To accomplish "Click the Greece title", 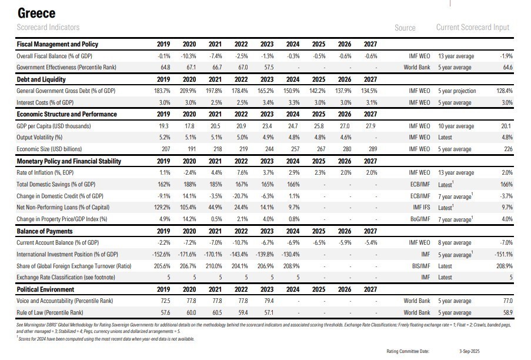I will pyautogui.click(x=36, y=13).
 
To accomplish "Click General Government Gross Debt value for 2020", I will pyautogui.click(x=189, y=91).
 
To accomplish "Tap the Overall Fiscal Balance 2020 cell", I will pyautogui.click(x=189, y=56).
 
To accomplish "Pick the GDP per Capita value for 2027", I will pyautogui.click(x=370, y=126).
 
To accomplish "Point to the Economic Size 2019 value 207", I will pyautogui.click(x=164, y=149).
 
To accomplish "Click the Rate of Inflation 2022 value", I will pyautogui.click(x=241, y=173).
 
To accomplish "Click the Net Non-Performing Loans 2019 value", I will pyautogui.click(x=162, y=208).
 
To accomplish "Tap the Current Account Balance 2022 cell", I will pyautogui.click(x=241, y=243).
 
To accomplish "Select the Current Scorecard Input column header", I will pyautogui.click(x=473, y=28).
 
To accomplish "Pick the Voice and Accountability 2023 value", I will pyautogui.click(x=267, y=301).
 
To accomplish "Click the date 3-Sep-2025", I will pyautogui.click(x=471, y=351).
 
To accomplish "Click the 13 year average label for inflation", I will pyautogui.click(x=456, y=173).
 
